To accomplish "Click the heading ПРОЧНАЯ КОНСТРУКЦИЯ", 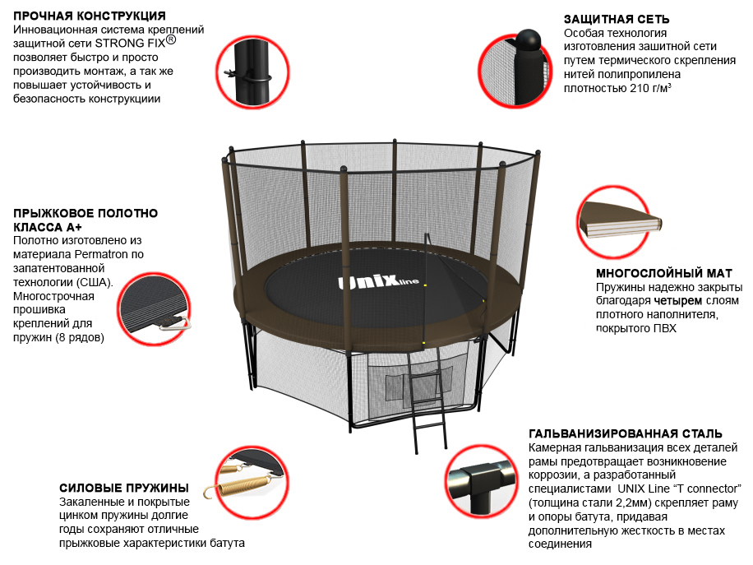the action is [90, 16].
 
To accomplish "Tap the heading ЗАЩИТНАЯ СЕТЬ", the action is [617, 19].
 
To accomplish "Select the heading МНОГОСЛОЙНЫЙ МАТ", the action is [664, 273].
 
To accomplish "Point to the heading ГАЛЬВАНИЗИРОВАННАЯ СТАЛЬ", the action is [626, 434].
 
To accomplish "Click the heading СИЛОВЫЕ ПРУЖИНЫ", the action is [124, 489].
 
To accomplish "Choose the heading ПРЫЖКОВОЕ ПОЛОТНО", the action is [85, 213].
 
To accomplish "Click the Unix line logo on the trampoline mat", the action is [378, 281].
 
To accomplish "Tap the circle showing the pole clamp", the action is [252, 72].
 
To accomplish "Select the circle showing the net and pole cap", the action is [515, 70].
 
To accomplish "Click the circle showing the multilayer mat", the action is [614, 222].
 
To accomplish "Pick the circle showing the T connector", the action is [482, 482].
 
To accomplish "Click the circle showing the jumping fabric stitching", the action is [155, 309].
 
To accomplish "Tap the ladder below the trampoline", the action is [427, 401].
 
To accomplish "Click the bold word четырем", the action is [677, 301].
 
